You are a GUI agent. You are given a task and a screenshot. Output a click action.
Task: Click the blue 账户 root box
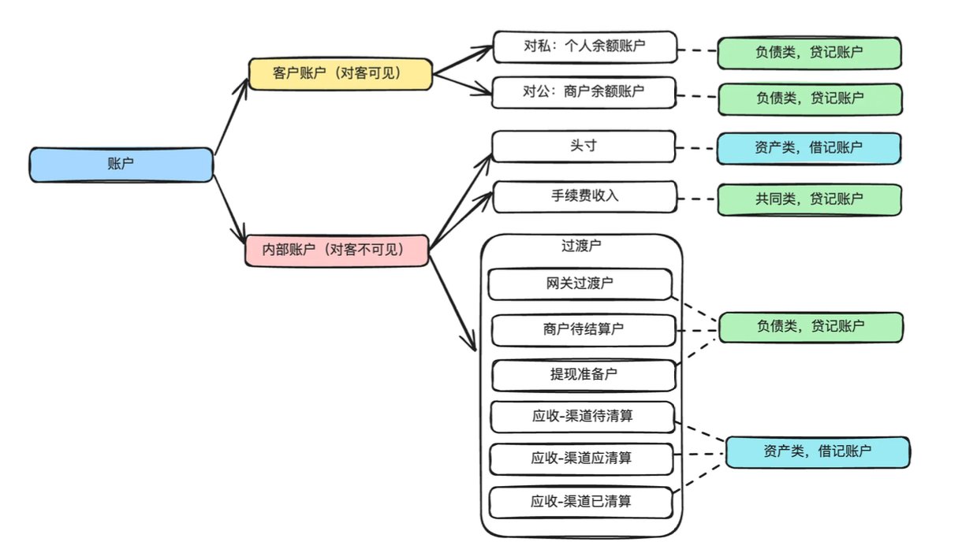[x=121, y=165]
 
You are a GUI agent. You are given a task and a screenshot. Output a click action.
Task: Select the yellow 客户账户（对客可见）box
[x=340, y=74]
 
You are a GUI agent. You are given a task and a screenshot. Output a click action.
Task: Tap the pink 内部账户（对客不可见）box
[x=337, y=251]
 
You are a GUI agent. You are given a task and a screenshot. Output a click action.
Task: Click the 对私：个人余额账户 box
[x=584, y=46]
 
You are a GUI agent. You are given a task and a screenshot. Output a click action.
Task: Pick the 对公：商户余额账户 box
[x=584, y=92]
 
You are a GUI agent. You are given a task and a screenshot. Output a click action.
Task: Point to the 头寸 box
[x=584, y=147]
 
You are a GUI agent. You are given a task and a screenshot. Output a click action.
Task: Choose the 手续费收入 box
[x=584, y=196]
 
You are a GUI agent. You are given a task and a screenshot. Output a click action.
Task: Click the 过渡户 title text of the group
[x=581, y=245]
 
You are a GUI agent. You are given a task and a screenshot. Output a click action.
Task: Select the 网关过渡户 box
[x=580, y=284]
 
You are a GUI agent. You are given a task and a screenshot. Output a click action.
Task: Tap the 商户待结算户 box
[x=584, y=330]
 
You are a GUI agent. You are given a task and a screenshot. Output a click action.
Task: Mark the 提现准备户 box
[x=584, y=375]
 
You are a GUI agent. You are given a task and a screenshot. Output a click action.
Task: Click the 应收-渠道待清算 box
[x=582, y=417]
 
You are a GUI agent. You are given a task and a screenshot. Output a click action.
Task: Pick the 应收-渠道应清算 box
[x=581, y=458]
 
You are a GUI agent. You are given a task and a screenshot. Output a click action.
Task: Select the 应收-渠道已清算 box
[x=581, y=502]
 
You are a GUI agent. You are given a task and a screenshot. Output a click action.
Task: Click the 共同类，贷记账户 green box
[x=808, y=200]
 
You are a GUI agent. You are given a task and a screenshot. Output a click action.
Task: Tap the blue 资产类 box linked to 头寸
[x=808, y=148]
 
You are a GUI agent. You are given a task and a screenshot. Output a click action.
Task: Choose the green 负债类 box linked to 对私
[x=809, y=53]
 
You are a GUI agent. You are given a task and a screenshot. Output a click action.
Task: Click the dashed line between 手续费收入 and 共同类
[x=697, y=199]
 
